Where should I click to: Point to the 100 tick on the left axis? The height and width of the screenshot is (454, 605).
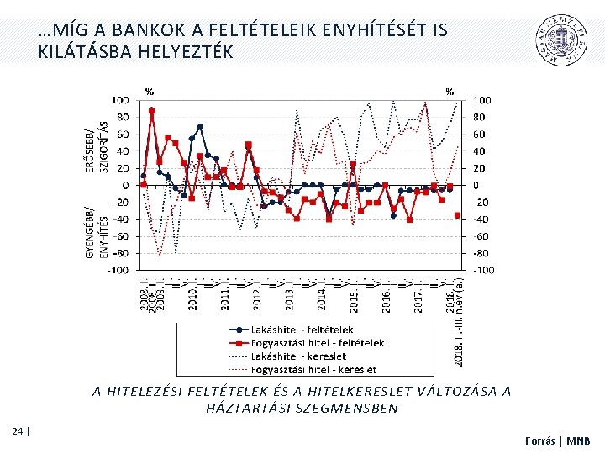pyautogui.click(x=120, y=100)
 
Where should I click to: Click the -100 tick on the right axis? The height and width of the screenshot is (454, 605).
pyautogui.click(x=485, y=270)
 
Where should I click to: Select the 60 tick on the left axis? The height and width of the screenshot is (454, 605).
pyautogui.click(x=123, y=135)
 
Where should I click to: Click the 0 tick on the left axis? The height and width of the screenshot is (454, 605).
pyautogui.click(x=125, y=185)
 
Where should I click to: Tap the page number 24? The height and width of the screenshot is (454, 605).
pyautogui.click(x=18, y=431)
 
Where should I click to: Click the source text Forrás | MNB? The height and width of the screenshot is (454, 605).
pyautogui.click(x=558, y=440)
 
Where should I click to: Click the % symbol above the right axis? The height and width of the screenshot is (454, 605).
pyautogui.click(x=449, y=91)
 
